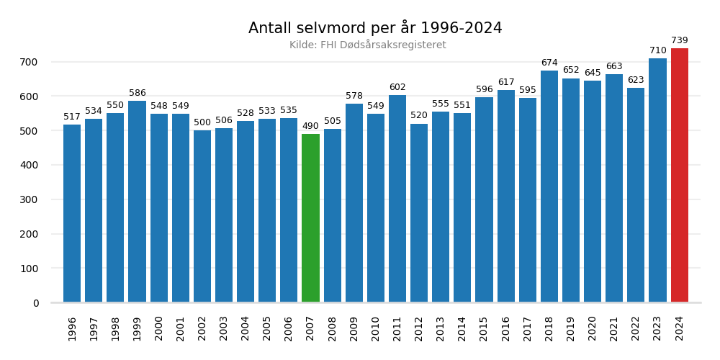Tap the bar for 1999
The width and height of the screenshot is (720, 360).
click(x=137, y=202)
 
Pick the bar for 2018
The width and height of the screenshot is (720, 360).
click(x=549, y=186)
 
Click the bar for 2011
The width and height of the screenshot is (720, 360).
click(x=397, y=199)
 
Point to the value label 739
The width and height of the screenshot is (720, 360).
click(x=679, y=41)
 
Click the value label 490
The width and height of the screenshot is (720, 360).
click(x=310, y=127)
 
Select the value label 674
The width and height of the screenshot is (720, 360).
click(x=549, y=63)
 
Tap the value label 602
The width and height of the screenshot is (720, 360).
click(x=397, y=88)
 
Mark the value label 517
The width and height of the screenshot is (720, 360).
click(x=72, y=117)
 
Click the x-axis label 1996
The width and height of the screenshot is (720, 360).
click(x=72, y=328)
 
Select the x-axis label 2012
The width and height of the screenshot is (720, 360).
click(x=419, y=328)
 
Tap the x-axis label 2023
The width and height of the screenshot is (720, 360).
click(x=657, y=328)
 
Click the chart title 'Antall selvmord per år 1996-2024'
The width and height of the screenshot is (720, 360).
click(x=375, y=28)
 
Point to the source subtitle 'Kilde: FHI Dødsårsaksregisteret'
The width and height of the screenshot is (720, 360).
click(x=367, y=45)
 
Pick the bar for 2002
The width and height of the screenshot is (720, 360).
click(x=202, y=216)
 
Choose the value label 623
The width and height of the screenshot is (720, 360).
click(x=636, y=81)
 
